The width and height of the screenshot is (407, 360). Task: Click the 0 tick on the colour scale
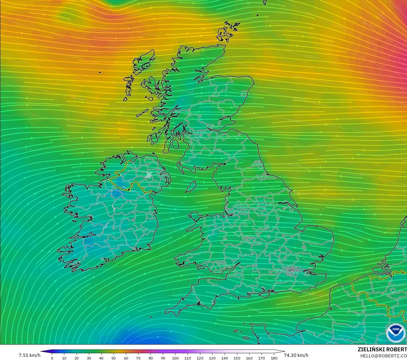coord(52,358)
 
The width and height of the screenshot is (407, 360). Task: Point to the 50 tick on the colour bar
coord(114,358)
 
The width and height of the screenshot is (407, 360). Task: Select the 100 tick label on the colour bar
coord(175,358)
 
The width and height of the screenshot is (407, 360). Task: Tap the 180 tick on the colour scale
coord(274,358)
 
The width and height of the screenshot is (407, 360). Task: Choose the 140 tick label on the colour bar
coord(225,358)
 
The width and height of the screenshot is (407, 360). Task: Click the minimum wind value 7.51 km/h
coord(29,355)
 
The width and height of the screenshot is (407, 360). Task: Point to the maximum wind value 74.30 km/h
coord(296,355)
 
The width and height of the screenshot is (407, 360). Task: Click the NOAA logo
coord(396,333)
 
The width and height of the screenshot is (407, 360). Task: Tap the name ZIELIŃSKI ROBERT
coord(382,349)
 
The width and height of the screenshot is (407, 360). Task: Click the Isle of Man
coord(191,187)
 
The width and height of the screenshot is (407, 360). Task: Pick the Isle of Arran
coord(175,145)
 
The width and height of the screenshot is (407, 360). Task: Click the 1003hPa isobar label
coord(311,57)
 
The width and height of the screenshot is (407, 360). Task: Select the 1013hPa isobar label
coord(294,165)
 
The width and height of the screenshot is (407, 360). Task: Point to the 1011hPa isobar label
coord(79,98)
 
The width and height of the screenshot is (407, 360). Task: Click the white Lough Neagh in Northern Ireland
coord(149,175)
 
